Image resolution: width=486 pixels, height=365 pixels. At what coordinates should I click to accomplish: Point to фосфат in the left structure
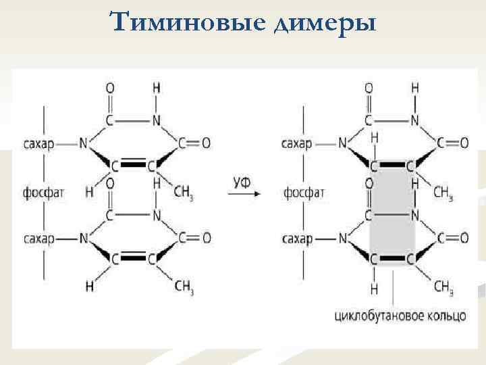pos(44,193)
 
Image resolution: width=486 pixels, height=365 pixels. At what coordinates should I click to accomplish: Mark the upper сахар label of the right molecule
pos(298,143)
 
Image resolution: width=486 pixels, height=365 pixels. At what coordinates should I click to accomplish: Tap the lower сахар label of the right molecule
pos(298,238)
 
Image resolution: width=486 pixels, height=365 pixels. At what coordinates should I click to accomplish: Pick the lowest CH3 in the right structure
pos(443,288)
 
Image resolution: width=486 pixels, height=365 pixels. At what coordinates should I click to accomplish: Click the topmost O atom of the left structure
pos(110,89)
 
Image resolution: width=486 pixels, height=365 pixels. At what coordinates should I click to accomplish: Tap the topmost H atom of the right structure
pos(414,89)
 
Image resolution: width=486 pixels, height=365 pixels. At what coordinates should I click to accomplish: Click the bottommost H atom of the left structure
pos(89,287)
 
